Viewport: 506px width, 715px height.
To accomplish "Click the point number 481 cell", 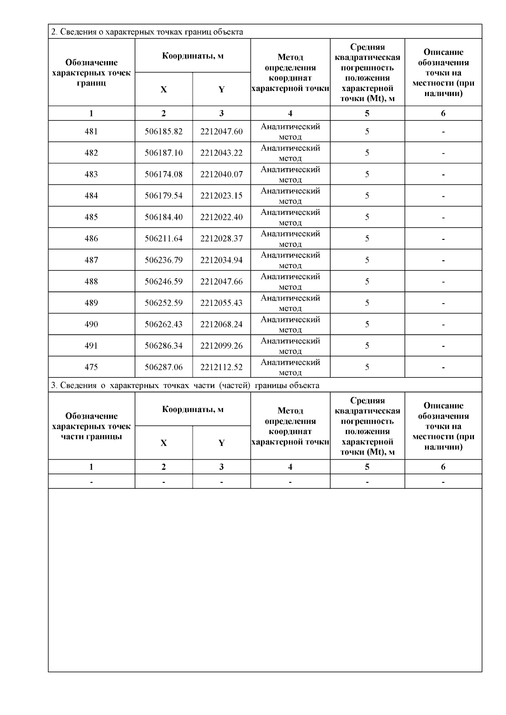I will (91, 131).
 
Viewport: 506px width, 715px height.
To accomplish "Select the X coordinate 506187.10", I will (164, 153).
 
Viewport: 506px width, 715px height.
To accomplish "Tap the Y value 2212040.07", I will (221, 174).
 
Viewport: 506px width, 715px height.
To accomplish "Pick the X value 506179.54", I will (164, 196).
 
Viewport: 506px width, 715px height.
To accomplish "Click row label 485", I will (91, 217).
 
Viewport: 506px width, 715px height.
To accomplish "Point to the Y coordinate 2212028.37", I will (221, 239).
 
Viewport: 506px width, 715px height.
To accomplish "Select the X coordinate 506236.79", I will (164, 260).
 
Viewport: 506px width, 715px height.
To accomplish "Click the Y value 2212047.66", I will (221, 281).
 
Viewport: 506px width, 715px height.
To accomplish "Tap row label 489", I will (91, 303).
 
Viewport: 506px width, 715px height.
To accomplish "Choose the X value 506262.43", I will (164, 324).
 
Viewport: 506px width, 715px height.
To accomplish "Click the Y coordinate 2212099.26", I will (221, 346).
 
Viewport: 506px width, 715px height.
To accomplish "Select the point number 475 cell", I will (91, 367).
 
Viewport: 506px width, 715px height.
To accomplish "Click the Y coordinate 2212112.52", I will (221, 367).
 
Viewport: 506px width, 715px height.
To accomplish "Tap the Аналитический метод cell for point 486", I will (290, 239).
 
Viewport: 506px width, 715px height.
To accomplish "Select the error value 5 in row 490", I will (367, 324).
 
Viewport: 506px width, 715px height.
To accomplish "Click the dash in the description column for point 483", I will (443, 174).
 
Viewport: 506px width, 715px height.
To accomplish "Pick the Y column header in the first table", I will (221, 89).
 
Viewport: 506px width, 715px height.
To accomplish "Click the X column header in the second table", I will (164, 443).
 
